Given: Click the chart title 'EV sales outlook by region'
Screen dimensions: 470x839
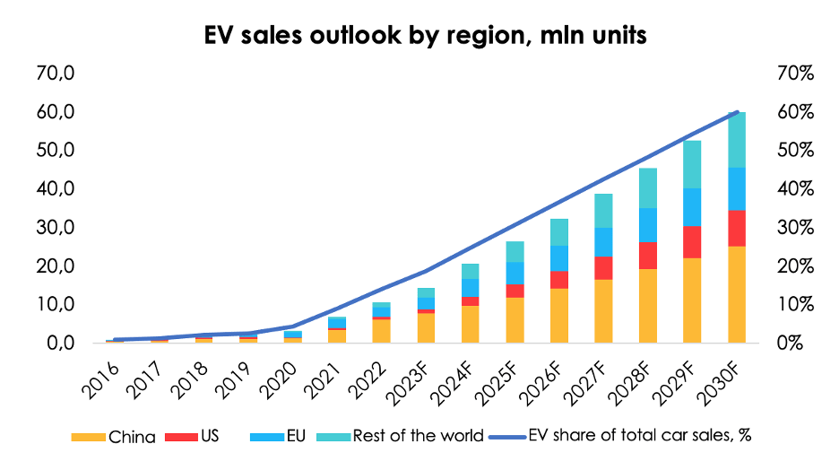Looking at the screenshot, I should [419, 37].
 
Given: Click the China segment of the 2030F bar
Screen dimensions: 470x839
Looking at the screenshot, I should [737, 294].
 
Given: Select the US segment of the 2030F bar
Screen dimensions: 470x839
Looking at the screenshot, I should [737, 228].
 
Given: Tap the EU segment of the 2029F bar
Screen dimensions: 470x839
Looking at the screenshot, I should [692, 206].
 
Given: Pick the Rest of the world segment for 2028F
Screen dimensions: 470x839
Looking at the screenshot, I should [648, 187].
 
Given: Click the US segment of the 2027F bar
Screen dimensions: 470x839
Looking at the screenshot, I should [603, 268].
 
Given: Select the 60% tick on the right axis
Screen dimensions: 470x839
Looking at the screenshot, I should [794, 112].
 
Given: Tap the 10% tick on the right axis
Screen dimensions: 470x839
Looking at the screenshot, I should [794, 304].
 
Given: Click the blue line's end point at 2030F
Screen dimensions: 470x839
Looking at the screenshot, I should [737, 112].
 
